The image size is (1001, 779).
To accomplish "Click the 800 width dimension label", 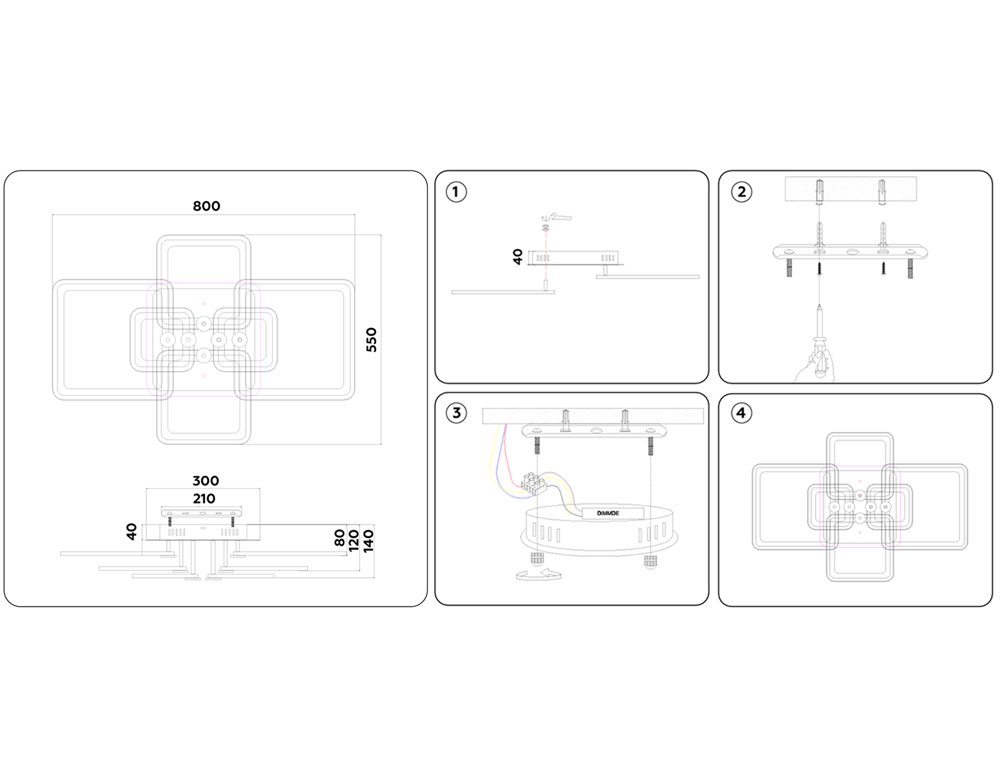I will [206, 206].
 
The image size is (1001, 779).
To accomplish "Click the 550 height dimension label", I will [371, 339].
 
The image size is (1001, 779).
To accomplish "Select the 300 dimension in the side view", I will [206, 481].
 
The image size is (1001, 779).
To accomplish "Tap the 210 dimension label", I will [204, 499].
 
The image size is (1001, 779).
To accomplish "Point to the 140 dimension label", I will [368, 541].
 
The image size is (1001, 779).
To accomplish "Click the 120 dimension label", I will [354, 541].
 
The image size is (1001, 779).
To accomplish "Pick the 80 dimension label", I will [340, 538].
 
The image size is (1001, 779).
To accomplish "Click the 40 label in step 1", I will [518, 257].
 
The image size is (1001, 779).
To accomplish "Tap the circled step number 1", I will [456, 192].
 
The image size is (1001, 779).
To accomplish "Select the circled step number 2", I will [741, 192].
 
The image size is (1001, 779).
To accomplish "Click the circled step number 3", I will [456, 413].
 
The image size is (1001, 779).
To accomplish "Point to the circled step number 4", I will [741, 413].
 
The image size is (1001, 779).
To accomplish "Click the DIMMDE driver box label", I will [608, 513].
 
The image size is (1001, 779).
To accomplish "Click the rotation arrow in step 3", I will [538, 575].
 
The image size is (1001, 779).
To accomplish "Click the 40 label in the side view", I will [132, 531].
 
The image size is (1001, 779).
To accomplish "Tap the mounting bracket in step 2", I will [850, 252].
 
